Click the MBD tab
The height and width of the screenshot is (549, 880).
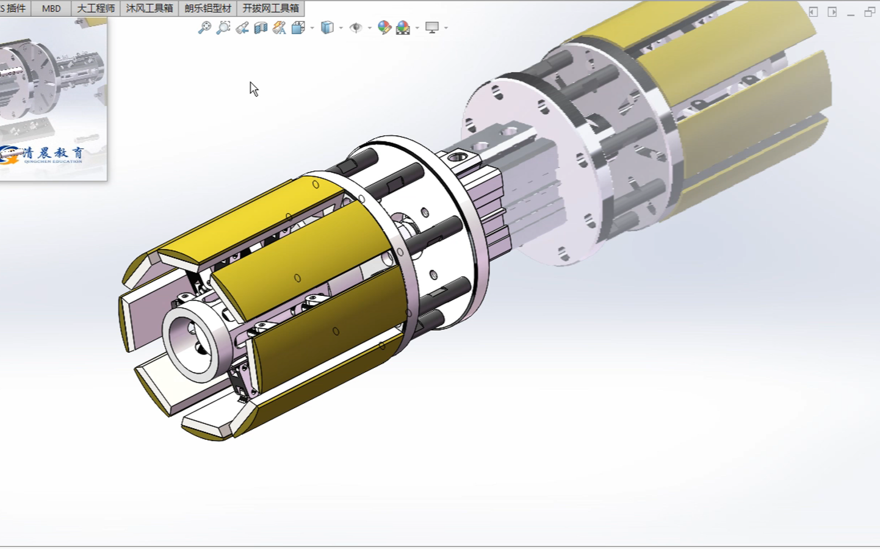51,8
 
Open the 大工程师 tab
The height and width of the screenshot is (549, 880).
96,8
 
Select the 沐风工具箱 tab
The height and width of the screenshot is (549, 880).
150,8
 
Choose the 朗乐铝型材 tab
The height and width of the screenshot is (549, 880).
208,8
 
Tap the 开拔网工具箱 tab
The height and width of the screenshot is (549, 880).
271,8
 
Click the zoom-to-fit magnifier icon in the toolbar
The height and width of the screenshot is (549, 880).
204,27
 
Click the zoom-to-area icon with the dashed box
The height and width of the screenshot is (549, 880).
223,27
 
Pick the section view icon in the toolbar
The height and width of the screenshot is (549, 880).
261,27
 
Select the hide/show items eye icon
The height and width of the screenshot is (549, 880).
356,27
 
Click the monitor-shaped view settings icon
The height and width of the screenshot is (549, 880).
432,27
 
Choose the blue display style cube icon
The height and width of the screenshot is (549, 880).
327,27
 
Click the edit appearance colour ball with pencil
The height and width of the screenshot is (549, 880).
384,27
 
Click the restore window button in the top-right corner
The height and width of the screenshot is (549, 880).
870,12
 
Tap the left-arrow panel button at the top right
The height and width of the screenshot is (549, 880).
813,12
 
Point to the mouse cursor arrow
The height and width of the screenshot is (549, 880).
253,89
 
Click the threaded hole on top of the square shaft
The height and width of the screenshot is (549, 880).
458,157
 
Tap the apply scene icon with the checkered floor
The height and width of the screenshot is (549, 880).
403,27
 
